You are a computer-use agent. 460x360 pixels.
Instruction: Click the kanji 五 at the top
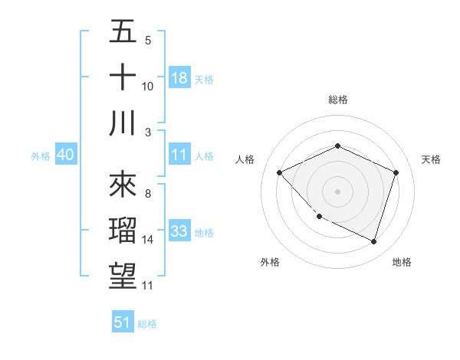click(123, 31)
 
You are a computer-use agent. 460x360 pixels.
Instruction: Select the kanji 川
click(123, 123)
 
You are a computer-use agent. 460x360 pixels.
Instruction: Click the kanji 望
click(123, 277)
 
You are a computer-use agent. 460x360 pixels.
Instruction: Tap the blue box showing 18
click(179, 77)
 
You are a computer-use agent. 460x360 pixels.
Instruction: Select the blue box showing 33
click(179, 231)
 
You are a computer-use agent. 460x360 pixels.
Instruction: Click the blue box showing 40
click(66, 155)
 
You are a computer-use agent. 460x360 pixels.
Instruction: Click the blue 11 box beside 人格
click(179, 155)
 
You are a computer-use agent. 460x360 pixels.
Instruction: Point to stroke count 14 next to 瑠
click(148, 240)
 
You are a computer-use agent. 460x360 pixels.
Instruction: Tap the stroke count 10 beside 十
click(148, 87)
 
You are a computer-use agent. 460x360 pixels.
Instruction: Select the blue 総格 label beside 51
click(147, 324)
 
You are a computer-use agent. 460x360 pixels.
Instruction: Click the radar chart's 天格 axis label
click(431, 159)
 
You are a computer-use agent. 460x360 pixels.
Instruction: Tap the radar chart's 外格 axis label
click(270, 262)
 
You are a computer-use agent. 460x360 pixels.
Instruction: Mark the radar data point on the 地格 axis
click(374, 241)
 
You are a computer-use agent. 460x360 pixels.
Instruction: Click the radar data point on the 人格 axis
click(280, 172)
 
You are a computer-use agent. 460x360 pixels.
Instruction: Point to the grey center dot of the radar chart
click(337, 191)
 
